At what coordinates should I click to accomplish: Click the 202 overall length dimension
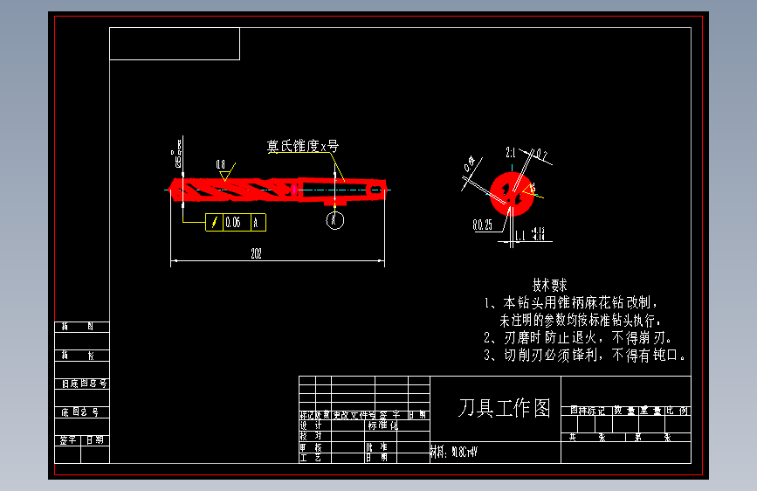tap(256, 253)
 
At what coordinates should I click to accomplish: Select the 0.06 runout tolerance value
tap(233, 223)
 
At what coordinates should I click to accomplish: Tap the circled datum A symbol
tap(335, 220)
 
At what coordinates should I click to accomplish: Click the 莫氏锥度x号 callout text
tap(302, 146)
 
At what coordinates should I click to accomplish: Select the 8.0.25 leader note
tap(482, 225)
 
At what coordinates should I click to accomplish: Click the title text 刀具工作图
tap(505, 408)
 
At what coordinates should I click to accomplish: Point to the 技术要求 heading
tap(550, 285)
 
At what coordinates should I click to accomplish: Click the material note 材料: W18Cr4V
tap(454, 453)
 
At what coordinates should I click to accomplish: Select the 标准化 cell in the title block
tap(382, 425)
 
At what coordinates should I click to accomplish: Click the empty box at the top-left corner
tap(175, 44)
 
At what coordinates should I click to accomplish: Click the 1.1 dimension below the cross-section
tap(520, 235)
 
